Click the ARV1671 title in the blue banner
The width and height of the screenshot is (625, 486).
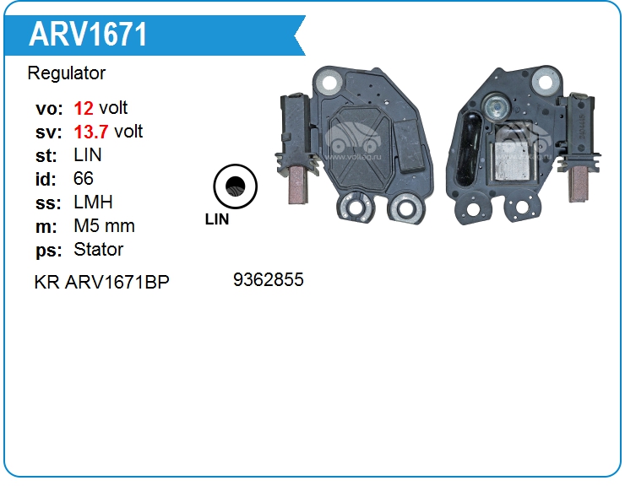[x=88, y=34]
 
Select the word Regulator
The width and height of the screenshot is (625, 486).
[x=67, y=73]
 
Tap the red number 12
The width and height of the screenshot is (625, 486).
[x=84, y=108]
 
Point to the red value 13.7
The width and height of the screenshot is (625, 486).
[x=91, y=132]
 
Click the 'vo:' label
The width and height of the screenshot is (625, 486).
[x=49, y=109]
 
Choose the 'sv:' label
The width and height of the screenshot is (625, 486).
[x=49, y=132]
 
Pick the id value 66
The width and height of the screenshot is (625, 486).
[x=84, y=179]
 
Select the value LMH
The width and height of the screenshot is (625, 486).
[x=93, y=202]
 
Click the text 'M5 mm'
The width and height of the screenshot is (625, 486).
[x=104, y=226]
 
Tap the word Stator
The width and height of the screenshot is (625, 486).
[x=99, y=250]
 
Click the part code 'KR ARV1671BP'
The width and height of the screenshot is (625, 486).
[x=101, y=282]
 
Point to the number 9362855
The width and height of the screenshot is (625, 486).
[x=269, y=279]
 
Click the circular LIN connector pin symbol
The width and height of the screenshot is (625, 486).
[x=235, y=186]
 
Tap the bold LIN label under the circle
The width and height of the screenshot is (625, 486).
[x=217, y=219]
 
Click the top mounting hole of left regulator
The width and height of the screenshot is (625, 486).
[x=329, y=82]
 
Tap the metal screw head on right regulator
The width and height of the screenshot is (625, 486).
[x=496, y=105]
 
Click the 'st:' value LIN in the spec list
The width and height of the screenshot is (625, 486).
[x=88, y=155]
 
